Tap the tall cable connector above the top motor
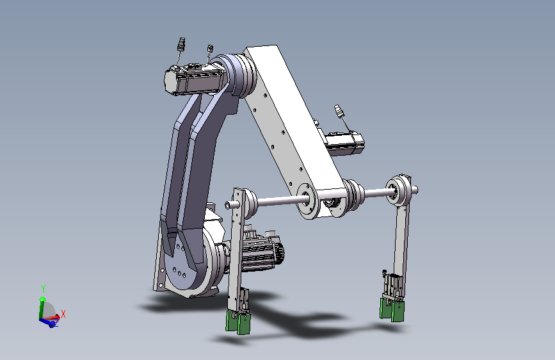181,44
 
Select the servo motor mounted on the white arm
344,143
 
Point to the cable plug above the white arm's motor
339,111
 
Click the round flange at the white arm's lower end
307,200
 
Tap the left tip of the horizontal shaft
227,205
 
